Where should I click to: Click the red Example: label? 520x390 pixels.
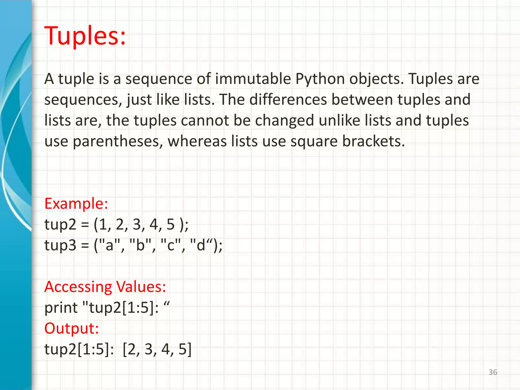pyautogui.click(x=76, y=204)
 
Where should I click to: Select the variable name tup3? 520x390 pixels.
pyautogui.click(x=60, y=246)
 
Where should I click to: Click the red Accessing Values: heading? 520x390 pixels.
pyautogui.click(x=105, y=287)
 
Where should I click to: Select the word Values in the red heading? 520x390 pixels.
pyautogui.click(x=141, y=287)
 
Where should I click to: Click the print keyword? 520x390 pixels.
pyautogui.click(x=61, y=308)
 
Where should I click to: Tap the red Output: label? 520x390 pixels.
pyautogui.click(x=71, y=329)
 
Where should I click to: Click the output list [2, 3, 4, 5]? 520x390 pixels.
pyautogui.click(x=157, y=349)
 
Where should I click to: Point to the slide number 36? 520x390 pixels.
pyautogui.click(x=493, y=372)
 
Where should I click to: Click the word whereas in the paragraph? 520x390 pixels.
pyautogui.click(x=197, y=141)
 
